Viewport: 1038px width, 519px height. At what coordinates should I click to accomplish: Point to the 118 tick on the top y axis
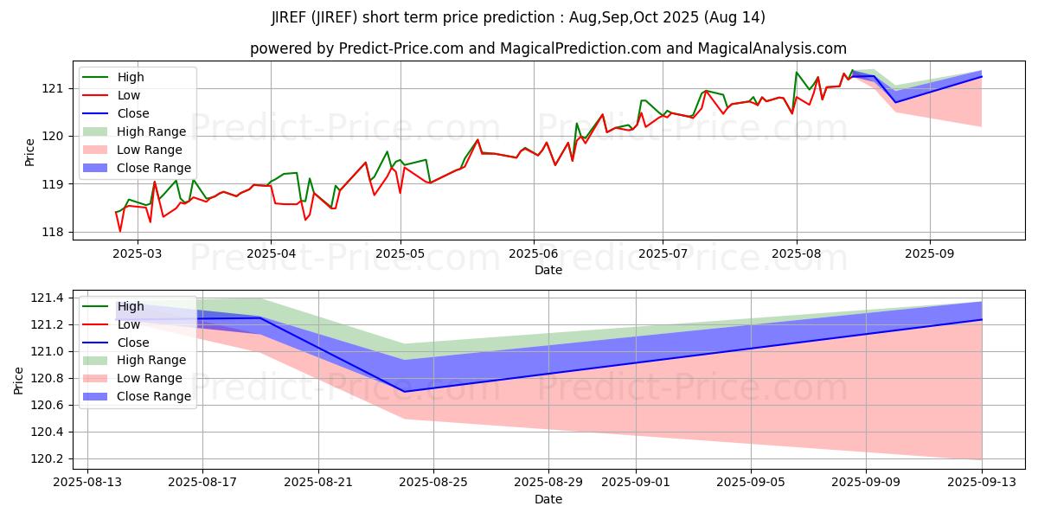(x=54, y=232)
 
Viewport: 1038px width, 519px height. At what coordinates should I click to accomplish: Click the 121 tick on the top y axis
(x=54, y=88)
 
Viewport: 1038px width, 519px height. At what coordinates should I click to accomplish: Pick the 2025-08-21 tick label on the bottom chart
(x=318, y=482)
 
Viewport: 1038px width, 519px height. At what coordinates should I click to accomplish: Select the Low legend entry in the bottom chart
(x=129, y=324)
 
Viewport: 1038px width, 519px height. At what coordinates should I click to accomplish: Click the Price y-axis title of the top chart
(x=29, y=153)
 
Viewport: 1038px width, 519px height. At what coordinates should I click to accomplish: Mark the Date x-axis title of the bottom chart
(x=548, y=499)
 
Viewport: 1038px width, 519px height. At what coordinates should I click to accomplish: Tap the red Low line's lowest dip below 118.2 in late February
(x=120, y=231)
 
